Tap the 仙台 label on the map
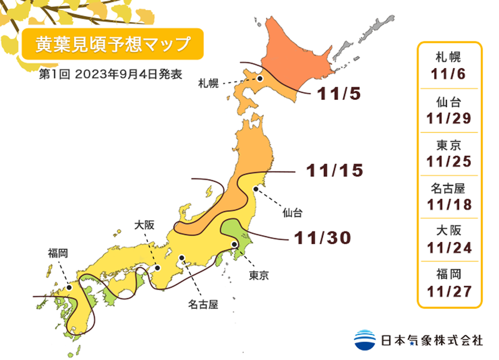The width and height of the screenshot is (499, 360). tap(292, 213)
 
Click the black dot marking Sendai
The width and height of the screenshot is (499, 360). tap(254, 188)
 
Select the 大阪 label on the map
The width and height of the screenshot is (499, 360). tap(145, 224)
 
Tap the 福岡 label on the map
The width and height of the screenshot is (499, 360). tap(58, 253)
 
